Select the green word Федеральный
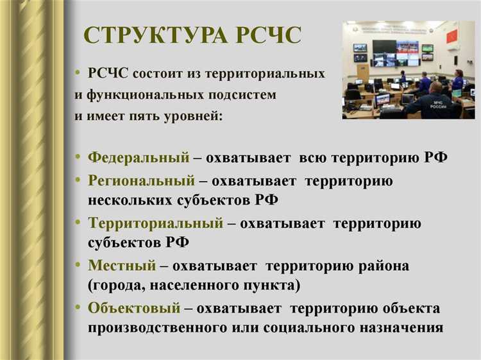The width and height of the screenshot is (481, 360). [x=139, y=157]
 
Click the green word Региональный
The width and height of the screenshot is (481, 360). [x=141, y=181]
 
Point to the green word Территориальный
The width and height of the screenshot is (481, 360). [x=155, y=223]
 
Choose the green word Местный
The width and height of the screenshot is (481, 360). [x=122, y=265]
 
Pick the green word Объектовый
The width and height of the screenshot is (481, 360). [x=134, y=308]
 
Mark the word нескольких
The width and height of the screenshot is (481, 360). [x=128, y=200]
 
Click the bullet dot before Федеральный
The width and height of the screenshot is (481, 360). [x=78, y=157]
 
